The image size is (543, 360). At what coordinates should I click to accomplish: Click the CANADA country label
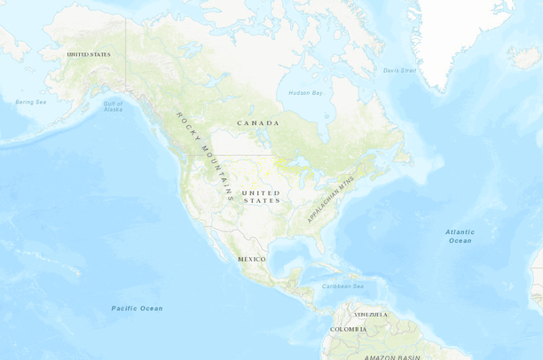pyautogui.click(x=258, y=122)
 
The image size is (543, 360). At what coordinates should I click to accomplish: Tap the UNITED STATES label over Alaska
pyautogui.click(x=89, y=54)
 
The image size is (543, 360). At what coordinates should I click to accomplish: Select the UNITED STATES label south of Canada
pyautogui.click(x=261, y=197)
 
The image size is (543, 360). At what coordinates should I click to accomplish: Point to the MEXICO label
pyautogui.click(x=251, y=259)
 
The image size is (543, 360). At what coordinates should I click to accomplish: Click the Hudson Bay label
pyautogui.click(x=306, y=92)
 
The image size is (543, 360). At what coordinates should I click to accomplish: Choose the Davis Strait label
pyautogui.click(x=399, y=70)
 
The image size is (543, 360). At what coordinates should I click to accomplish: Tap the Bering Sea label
pyautogui.click(x=30, y=102)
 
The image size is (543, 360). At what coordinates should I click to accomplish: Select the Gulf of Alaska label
pyautogui.click(x=113, y=106)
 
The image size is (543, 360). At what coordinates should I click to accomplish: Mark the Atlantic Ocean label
pyautogui.click(x=460, y=236)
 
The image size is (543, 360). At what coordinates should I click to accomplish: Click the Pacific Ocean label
pyautogui.click(x=137, y=309)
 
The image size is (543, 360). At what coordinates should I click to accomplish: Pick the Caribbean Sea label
pyautogui.click(x=342, y=286)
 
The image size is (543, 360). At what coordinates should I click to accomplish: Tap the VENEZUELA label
pyautogui.click(x=371, y=314)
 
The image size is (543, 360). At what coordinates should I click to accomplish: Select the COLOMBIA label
pyautogui.click(x=348, y=329)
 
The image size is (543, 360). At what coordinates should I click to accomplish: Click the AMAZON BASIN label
pyautogui.click(x=390, y=356)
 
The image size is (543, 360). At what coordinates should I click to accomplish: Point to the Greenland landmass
pyautogui.click(x=461, y=35)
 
